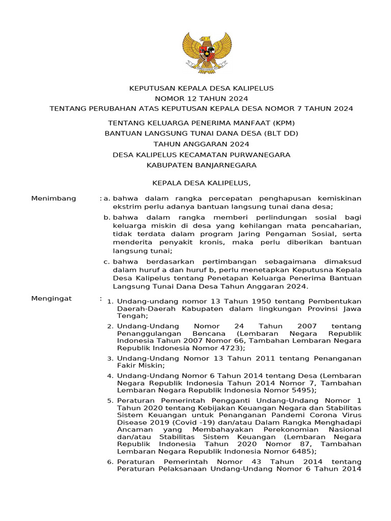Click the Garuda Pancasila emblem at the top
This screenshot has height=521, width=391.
coord(206,52)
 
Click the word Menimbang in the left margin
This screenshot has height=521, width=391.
coord(53,198)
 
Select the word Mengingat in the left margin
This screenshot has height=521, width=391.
coord(51,298)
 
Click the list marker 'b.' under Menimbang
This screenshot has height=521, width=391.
coord(107,217)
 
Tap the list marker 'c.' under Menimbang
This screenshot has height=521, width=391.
coord(107,262)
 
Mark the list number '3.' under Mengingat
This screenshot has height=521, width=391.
coord(109,358)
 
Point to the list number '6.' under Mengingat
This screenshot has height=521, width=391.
coord(109,461)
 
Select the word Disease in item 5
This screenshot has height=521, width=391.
coord(131,422)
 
